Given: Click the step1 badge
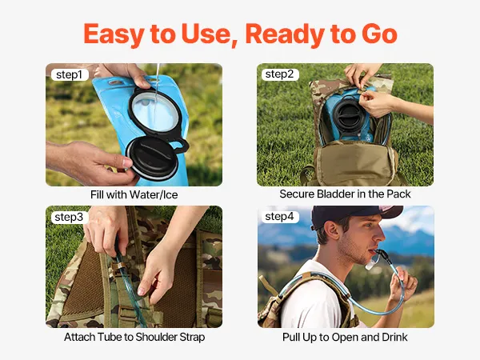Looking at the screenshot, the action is [x=70, y=74].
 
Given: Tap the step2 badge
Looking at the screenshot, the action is [x=280, y=74].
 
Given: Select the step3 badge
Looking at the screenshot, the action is [x=69, y=217].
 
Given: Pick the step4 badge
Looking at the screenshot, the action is [x=280, y=217].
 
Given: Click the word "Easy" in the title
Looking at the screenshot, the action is [x=114, y=34].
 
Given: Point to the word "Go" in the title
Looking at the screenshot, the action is [x=379, y=34].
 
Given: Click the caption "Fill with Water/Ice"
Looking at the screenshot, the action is [x=134, y=194].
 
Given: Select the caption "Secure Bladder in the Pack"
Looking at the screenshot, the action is [x=345, y=194].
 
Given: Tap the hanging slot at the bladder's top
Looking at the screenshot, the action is [x=116, y=82].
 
